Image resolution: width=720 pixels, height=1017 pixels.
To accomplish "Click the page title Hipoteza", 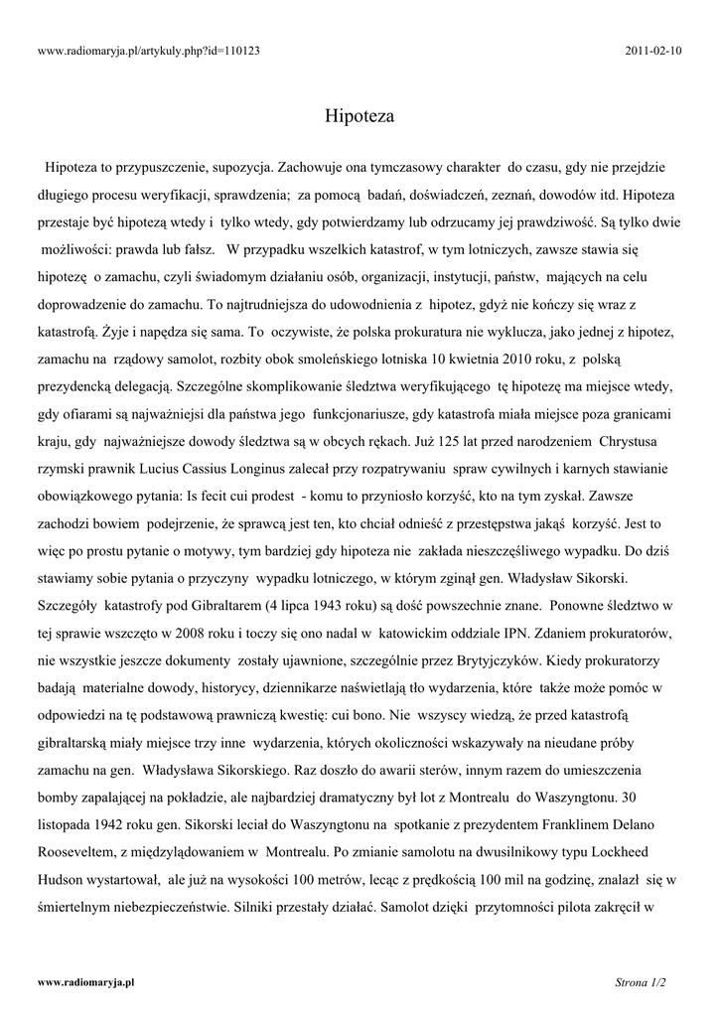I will click(x=360, y=116).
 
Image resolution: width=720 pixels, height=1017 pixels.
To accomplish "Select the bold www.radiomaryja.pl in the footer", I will click(x=85, y=982).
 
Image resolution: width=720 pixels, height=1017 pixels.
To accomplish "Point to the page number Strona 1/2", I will click(x=640, y=982).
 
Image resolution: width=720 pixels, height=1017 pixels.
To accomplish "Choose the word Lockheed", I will click(x=631, y=851).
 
